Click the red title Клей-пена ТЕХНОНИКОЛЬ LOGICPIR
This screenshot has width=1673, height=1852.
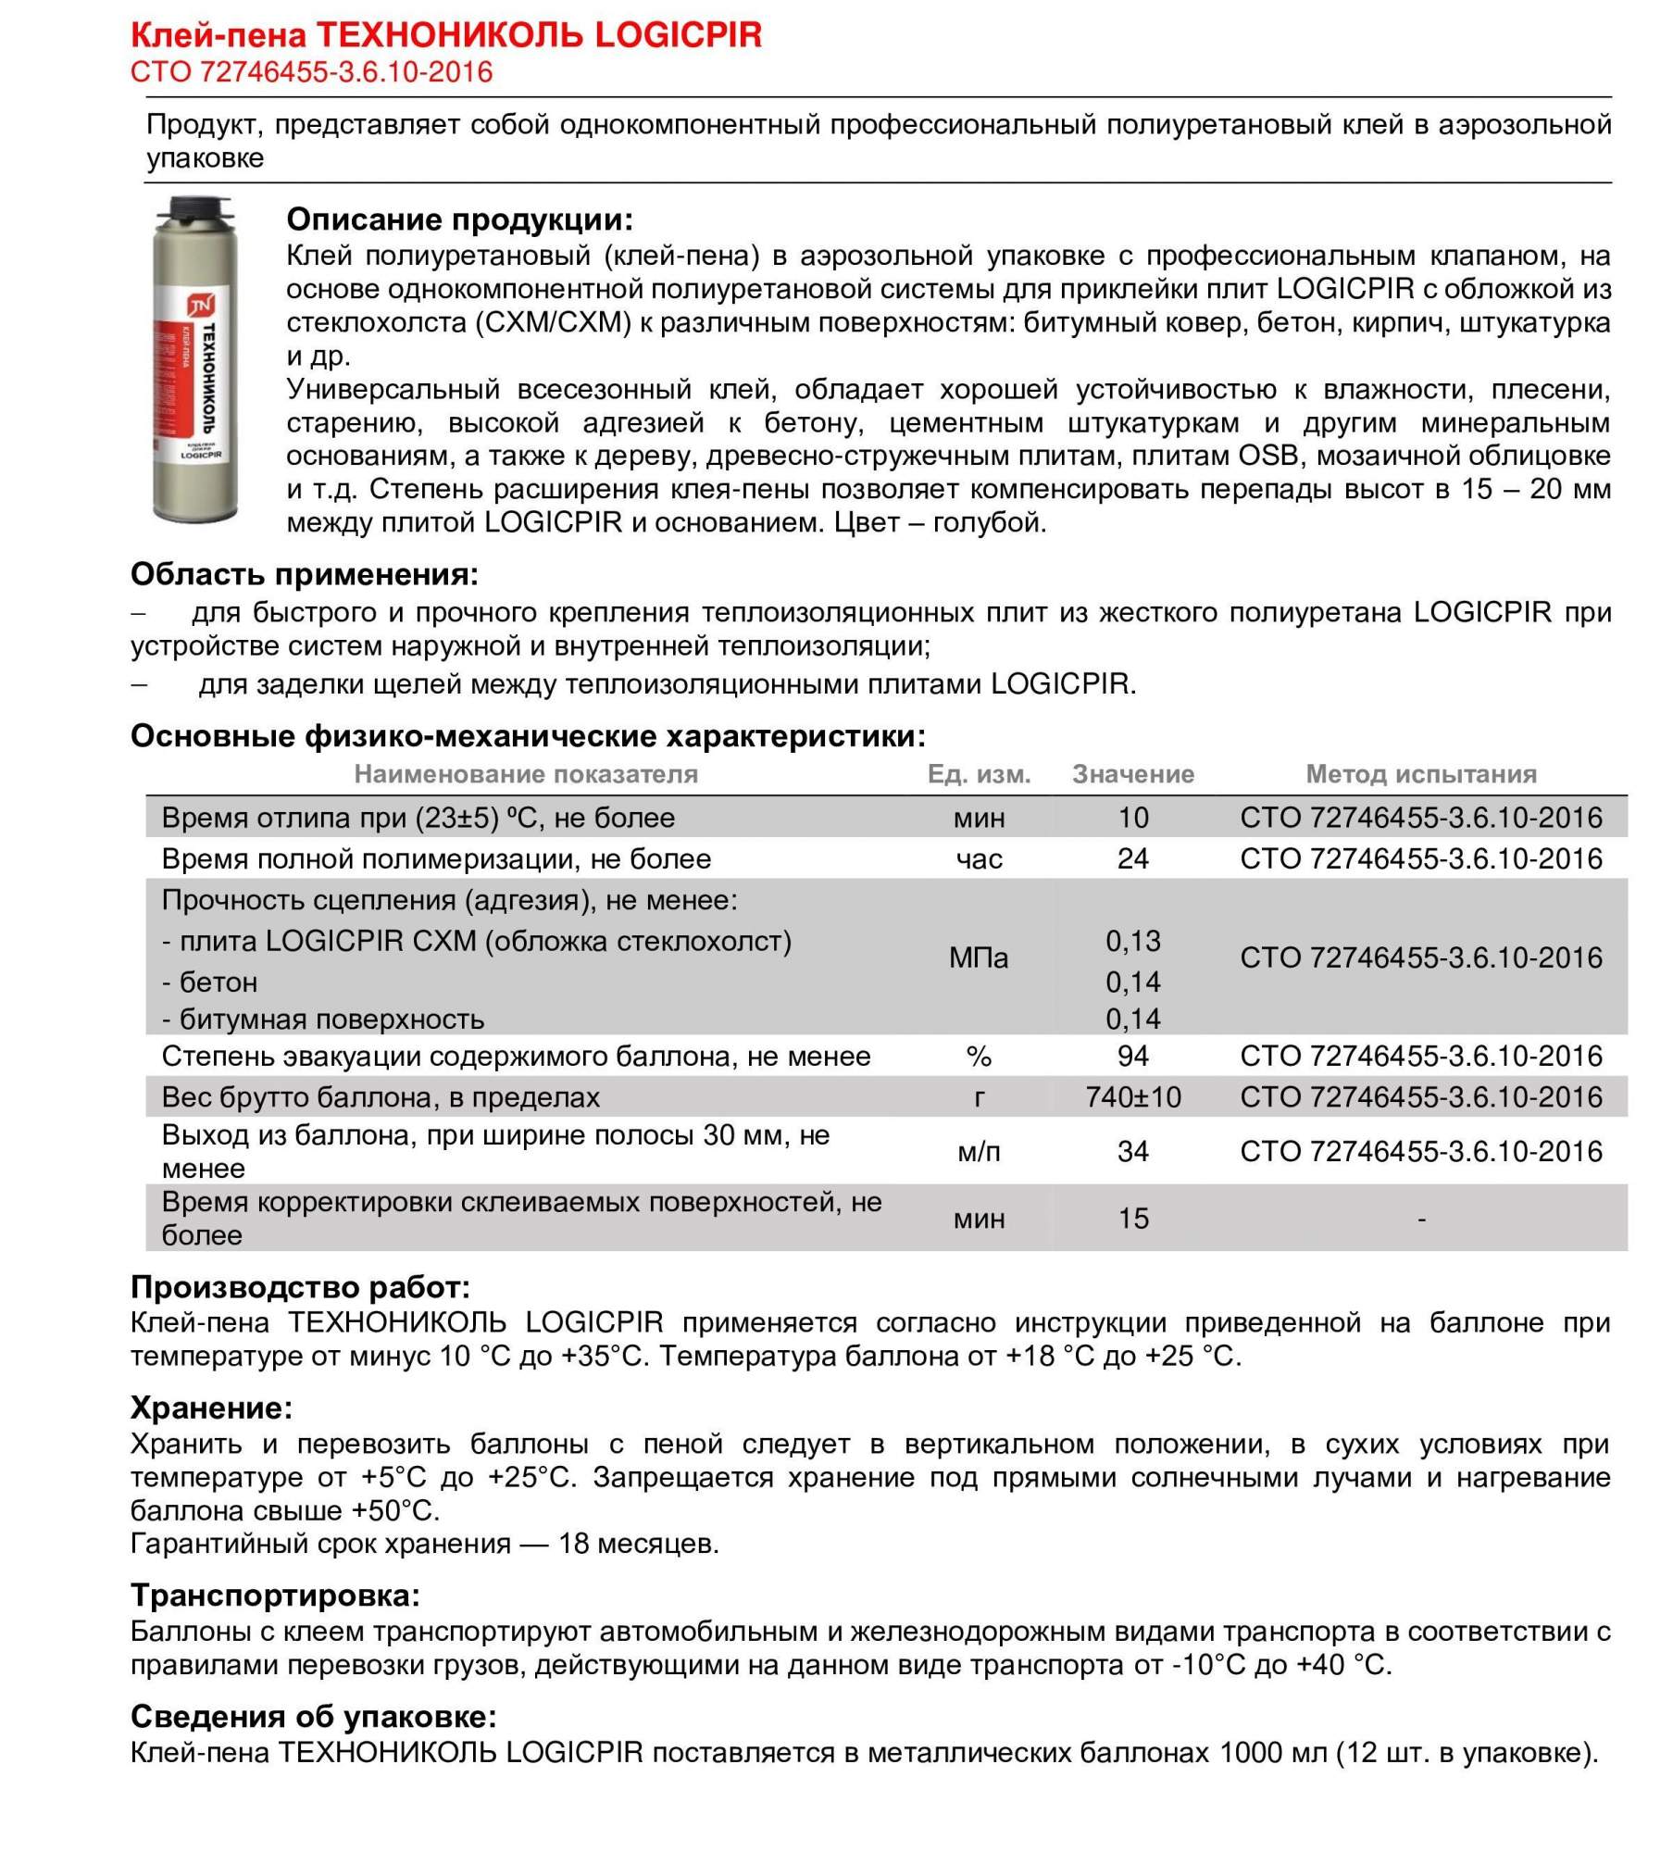click(445, 35)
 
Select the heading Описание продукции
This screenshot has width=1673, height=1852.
click(459, 219)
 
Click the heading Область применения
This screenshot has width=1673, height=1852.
click(304, 574)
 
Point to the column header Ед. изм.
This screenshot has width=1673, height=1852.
click(979, 774)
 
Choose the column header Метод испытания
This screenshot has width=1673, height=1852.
click(1420, 774)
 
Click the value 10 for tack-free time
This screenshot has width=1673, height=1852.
click(1132, 818)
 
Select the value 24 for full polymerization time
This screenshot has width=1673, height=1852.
click(1132, 858)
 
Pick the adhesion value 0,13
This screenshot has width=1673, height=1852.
click(1132, 941)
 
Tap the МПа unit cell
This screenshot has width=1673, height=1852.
click(979, 957)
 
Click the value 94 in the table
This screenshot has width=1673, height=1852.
click(1132, 1056)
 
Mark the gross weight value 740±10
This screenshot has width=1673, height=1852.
click(1132, 1097)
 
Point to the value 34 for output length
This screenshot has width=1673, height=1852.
click(1132, 1151)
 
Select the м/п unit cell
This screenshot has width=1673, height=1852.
click(979, 1151)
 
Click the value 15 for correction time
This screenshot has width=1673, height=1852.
click(1132, 1218)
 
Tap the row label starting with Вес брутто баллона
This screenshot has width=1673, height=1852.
click(381, 1097)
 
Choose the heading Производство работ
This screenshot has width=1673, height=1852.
click(300, 1287)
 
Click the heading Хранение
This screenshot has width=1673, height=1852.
click(211, 1408)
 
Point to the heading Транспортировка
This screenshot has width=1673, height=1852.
click(275, 1595)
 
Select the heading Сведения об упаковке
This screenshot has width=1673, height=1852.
click(313, 1716)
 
